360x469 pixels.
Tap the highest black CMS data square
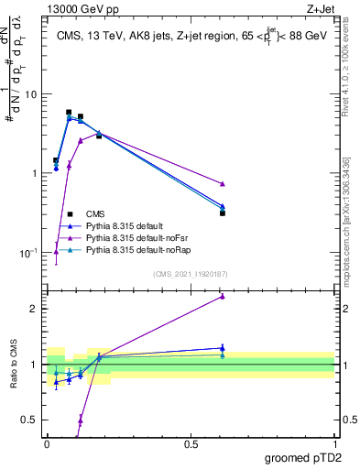[69, 113]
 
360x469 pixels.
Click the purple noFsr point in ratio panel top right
[223, 296]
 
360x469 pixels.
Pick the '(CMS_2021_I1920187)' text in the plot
[189, 273]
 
